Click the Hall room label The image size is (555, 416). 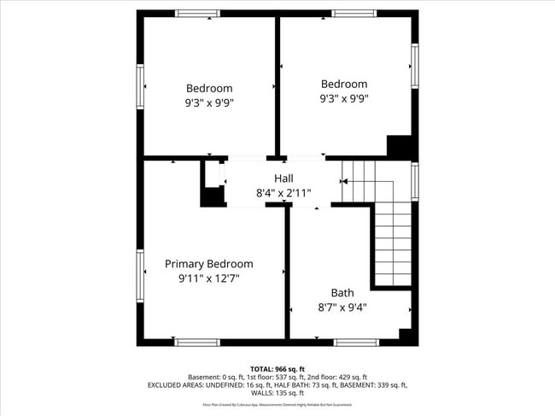point(283,179)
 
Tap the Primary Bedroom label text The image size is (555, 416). point(209,264)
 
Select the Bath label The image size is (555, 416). point(342,292)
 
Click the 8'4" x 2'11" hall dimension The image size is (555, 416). point(283,193)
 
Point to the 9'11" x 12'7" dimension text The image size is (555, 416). point(209,278)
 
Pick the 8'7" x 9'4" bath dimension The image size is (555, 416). point(342,307)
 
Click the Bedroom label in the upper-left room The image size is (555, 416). point(209,88)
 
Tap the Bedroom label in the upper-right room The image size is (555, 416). point(344,84)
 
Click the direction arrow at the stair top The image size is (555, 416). point(345,181)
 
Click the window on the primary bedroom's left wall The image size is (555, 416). point(140,276)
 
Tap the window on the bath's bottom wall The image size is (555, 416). point(355,342)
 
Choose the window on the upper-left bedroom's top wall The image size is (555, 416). point(197,14)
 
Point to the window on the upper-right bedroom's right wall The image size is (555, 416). point(414,66)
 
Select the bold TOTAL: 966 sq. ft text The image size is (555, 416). point(277,369)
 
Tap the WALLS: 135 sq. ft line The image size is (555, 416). point(277,394)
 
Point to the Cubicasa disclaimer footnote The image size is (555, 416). point(277,405)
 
